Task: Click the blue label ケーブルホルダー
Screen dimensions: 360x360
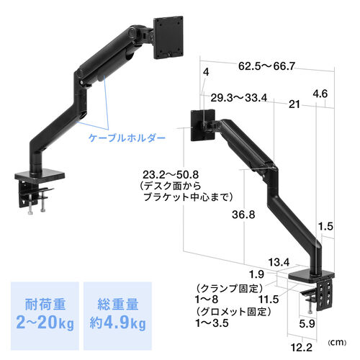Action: point(124,136)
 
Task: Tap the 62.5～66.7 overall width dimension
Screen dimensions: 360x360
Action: point(266,66)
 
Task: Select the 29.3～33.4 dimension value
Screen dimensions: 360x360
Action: point(240,98)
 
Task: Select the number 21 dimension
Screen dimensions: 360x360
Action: point(293,105)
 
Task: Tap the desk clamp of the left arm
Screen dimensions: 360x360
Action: point(35,187)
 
